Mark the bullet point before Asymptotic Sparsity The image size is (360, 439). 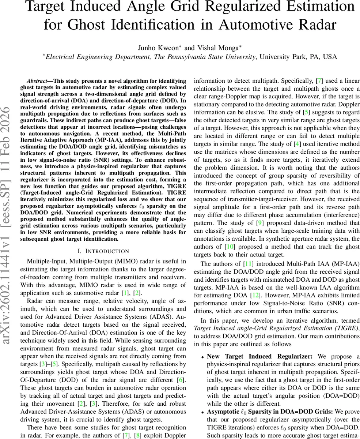pos(202,412)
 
